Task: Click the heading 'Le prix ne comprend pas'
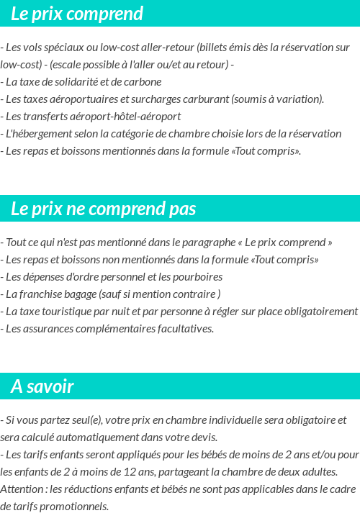coord(103,209)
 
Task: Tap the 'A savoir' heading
coord(42,386)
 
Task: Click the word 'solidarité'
coord(84,81)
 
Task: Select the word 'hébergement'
coord(36,133)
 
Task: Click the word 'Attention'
coord(22,489)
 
